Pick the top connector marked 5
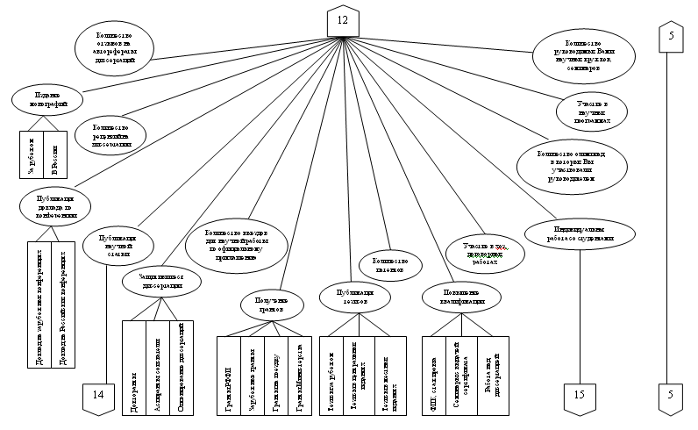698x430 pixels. coord(670,37)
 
